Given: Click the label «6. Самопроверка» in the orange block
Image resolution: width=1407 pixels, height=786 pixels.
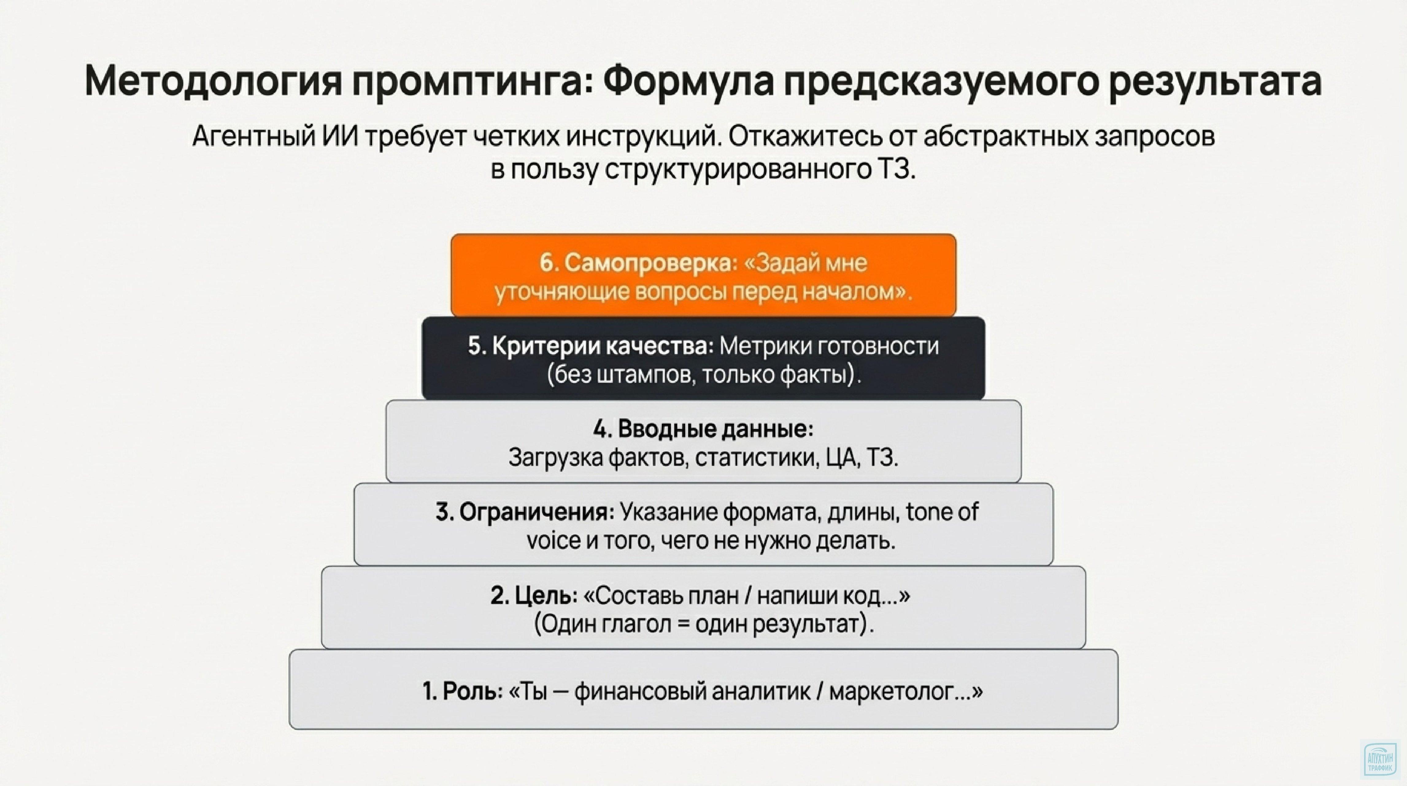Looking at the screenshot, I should click(636, 263).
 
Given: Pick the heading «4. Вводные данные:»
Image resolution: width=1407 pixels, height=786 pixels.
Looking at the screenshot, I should click(703, 429).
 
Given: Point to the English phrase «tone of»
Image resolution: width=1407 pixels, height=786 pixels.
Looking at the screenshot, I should click(942, 512).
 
